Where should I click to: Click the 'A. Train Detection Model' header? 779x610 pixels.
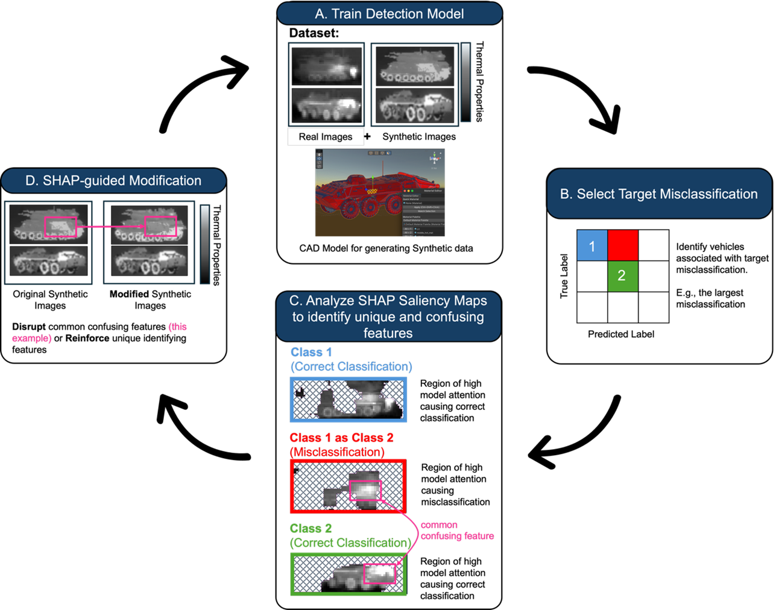click(x=389, y=14)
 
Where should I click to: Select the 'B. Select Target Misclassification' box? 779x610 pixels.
click(x=659, y=194)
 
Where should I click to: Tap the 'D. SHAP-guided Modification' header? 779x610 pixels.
click(x=113, y=181)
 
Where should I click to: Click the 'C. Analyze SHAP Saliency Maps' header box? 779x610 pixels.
click(x=388, y=316)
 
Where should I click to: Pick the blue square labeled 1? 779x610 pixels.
click(x=592, y=246)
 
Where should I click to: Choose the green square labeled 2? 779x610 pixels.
click(x=622, y=276)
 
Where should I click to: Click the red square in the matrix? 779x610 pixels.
click(x=622, y=245)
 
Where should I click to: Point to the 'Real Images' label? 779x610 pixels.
click(x=326, y=137)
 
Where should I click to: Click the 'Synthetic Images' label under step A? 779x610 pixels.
click(x=419, y=137)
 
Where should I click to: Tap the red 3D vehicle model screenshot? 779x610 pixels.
click(x=380, y=193)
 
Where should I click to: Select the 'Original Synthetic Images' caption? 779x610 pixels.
click(x=50, y=300)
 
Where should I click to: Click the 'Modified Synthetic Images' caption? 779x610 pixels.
click(x=150, y=300)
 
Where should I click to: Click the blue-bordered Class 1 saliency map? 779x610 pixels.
click(x=348, y=399)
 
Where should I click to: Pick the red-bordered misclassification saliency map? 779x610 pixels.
click(x=348, y=486)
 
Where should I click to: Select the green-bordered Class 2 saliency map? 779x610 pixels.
click(x=348, y=574)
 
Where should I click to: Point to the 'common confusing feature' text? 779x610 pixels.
click(x=456, y=530)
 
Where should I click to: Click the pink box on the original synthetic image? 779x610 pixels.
click(x=60, y=227)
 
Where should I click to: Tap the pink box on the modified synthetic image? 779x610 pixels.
click(x=160, y=226)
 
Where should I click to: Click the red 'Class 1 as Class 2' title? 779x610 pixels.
click(x=341, y=438)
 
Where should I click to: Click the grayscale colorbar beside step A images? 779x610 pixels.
click(x=465, y=81)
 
